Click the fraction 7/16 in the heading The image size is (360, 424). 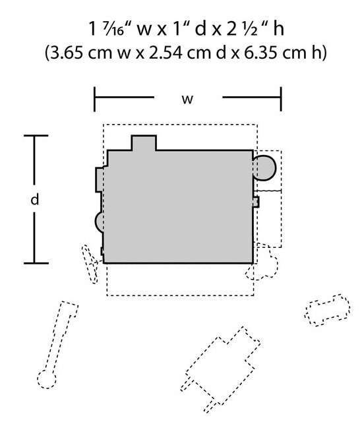coord(113,29)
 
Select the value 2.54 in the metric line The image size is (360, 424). coord(165,53)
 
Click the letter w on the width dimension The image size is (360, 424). coord(187,99)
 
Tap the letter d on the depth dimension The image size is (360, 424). coord(35,200)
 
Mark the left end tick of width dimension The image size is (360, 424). coord(94,99)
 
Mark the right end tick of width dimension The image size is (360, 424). coord(281,99)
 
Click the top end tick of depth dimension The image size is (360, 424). coord(36,135)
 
